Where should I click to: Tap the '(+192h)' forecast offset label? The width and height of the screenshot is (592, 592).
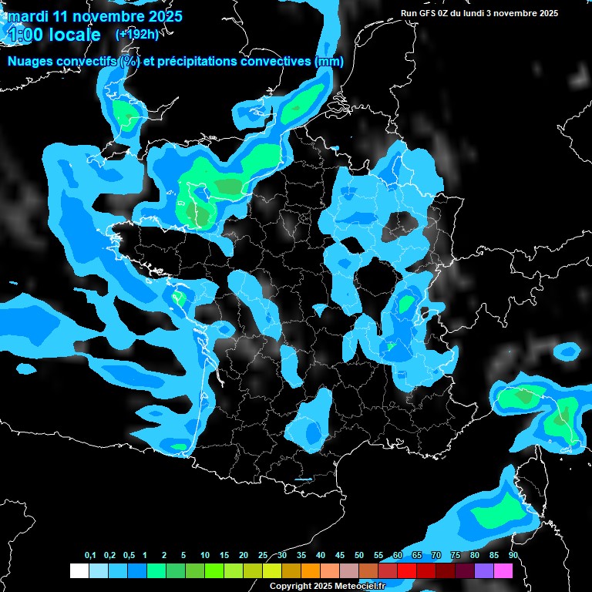[138, 34]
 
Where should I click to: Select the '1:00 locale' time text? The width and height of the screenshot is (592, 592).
[53, 35]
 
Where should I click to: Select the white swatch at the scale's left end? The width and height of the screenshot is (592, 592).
[79, 571]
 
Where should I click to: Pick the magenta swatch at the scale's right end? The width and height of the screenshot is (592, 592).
[503, 571]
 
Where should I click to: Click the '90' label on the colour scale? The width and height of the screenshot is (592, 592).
[513, 556]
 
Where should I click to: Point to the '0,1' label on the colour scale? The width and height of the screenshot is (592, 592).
[89, 556]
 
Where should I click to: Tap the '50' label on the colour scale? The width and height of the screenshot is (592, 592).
[359, 556]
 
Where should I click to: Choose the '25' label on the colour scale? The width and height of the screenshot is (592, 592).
[263, 556]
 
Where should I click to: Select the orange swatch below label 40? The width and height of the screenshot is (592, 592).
[310, 571]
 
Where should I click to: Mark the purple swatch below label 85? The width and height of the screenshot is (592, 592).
[483, 571]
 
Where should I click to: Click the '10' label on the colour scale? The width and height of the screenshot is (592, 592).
[205, 556]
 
